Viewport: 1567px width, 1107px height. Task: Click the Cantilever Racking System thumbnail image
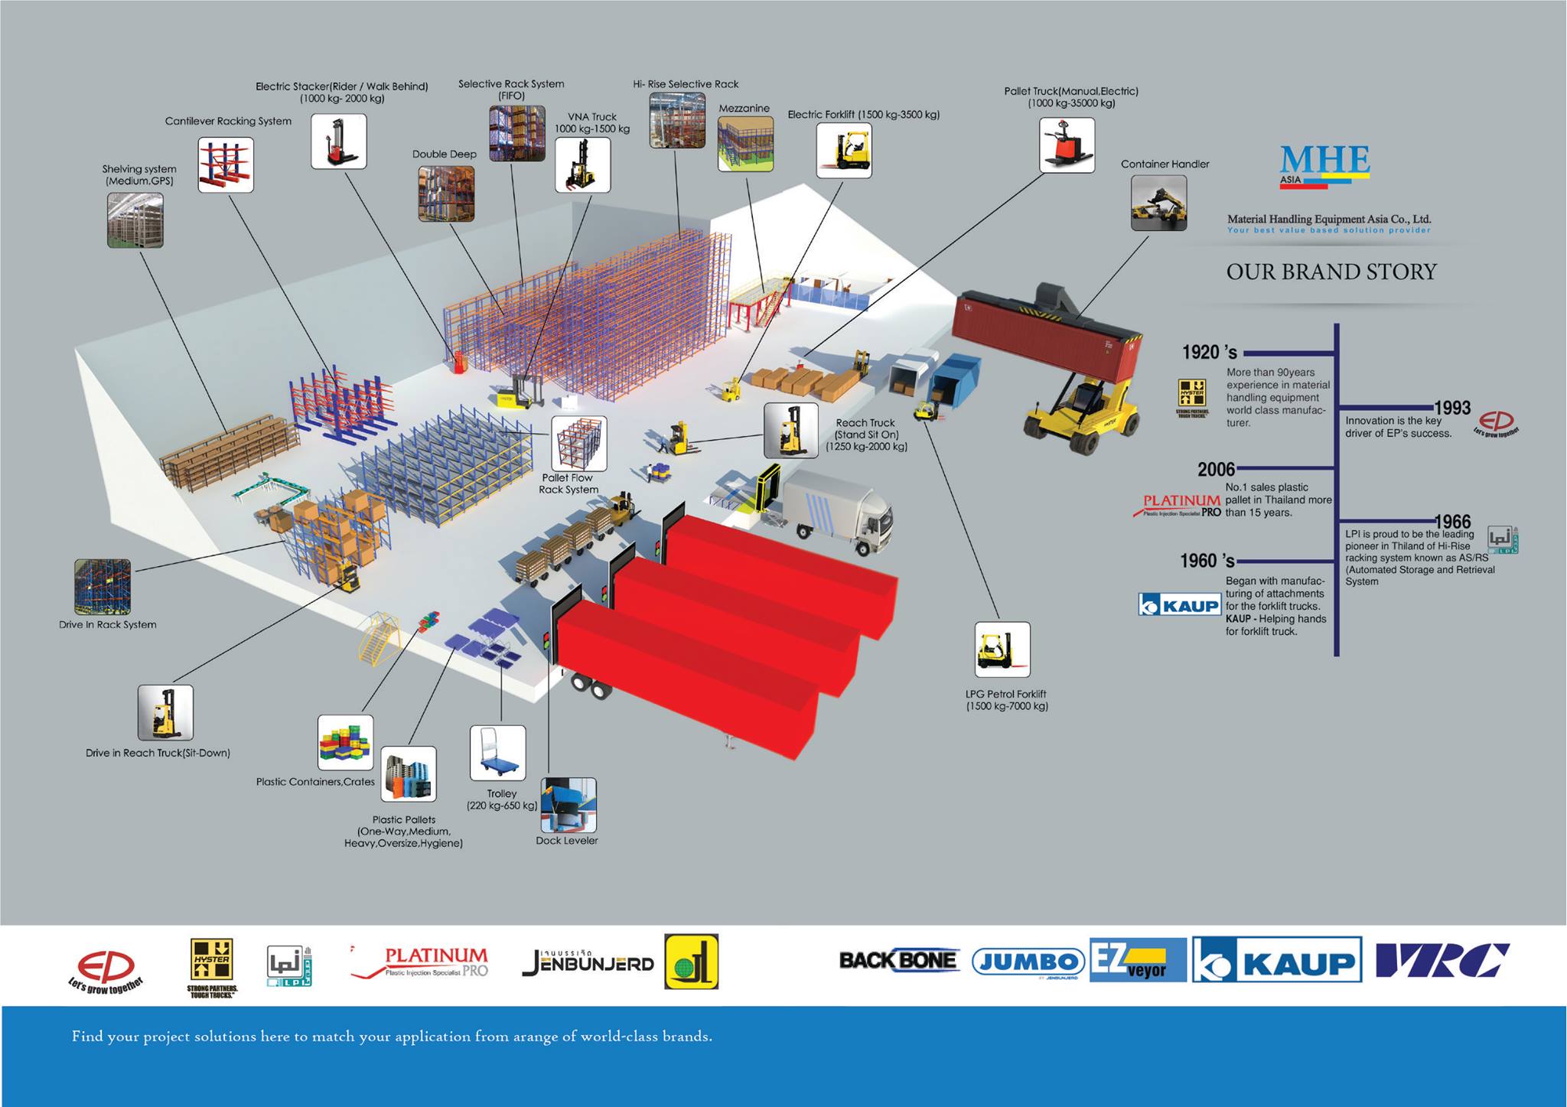[226, 164]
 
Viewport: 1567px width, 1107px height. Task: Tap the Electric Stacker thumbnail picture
[339, 142]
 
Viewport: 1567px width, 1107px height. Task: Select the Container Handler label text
[1165, 164]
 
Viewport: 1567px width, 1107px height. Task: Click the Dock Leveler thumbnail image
[568, 805]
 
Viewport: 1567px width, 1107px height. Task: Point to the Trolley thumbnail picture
[498, 753]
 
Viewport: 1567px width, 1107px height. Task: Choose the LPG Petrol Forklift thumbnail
[1002, 650]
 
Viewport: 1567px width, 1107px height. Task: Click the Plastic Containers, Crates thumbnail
[346, 742]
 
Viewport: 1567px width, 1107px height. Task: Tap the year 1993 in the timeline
[1451, 408]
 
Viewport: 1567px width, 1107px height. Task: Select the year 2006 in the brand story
[1217, 469]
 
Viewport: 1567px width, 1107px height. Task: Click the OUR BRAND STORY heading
[1331, 272]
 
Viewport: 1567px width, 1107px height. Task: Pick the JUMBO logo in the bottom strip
[1028, 962]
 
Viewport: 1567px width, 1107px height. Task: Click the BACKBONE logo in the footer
[898, 960]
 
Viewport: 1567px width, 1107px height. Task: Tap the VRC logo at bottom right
[1442, 960]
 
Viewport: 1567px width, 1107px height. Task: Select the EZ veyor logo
[1138, 960]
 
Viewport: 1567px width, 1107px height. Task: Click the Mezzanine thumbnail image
[745, 144]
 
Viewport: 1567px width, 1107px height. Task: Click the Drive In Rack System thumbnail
[103, 587]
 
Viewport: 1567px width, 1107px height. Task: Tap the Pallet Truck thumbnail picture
[1067, 145]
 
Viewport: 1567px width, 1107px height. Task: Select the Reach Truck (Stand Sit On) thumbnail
[791, 431]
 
